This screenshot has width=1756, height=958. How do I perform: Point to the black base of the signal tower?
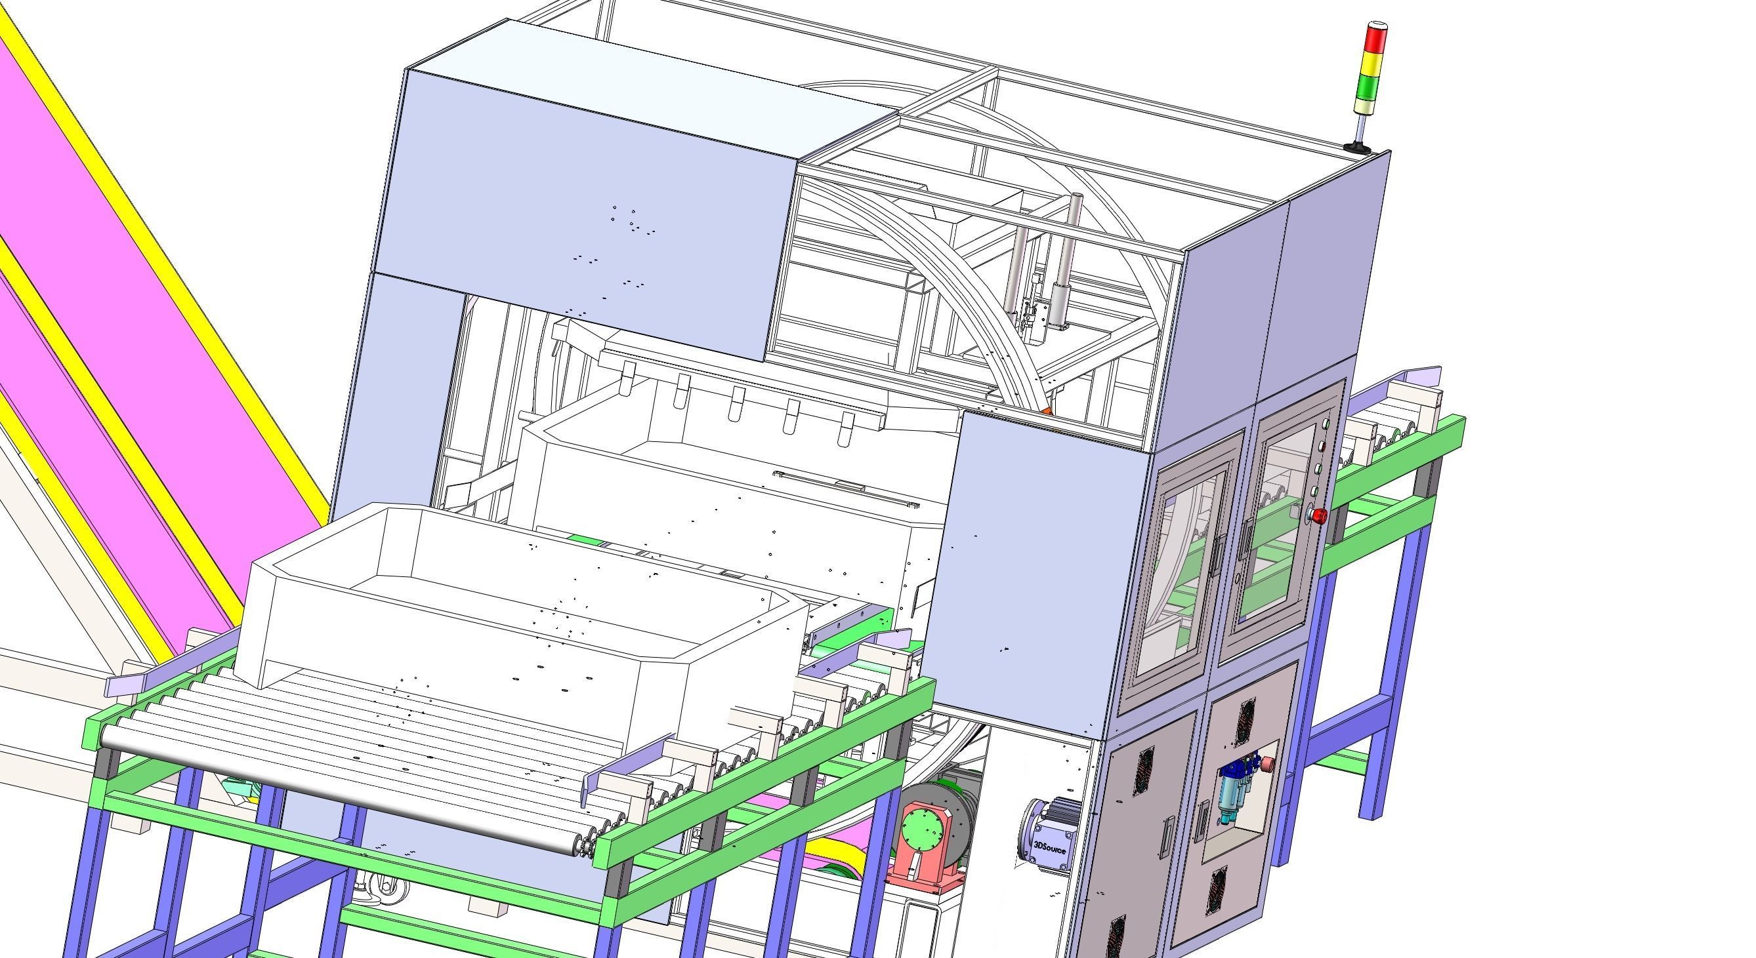[1356, 146]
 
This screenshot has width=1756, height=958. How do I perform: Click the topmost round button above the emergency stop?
[1327, 424]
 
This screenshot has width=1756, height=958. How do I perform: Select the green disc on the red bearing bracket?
[925, 831]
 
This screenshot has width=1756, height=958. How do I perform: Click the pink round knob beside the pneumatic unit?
[1268, 764]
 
